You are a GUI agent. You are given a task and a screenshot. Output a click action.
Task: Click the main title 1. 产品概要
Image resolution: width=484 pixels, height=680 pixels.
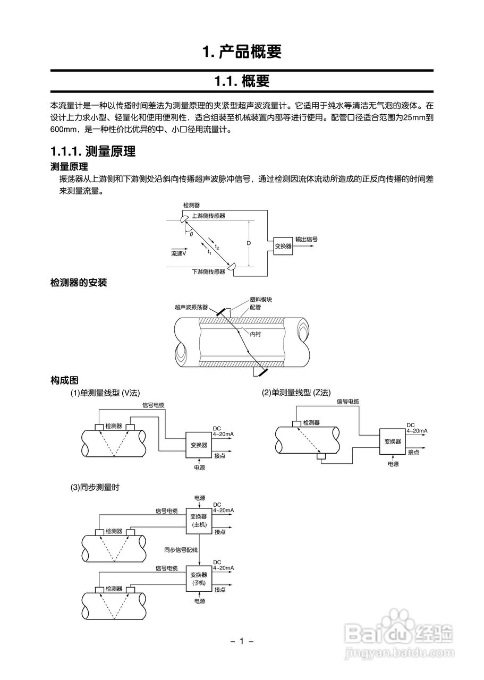coord(242,52)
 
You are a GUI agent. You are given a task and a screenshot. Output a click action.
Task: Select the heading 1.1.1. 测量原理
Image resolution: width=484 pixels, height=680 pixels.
coord(92,152)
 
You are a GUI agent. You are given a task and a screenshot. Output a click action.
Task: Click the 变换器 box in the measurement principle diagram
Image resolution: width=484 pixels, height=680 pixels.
coord(283,246)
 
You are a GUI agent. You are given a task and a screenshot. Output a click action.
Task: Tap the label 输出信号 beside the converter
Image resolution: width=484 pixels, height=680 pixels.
coord(307,239)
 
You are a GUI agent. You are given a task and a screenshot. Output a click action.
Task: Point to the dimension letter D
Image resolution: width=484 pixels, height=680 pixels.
coord(248,243)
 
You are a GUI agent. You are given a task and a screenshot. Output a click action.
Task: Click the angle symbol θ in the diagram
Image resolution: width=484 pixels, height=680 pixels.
coord(191,234)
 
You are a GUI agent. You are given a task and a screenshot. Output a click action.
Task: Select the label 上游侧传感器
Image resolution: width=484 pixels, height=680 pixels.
coord(208,216)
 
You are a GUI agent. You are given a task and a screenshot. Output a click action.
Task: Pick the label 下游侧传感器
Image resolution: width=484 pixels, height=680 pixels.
coord(208,271)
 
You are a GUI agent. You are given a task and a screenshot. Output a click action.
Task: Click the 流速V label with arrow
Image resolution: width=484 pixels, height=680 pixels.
coord(179,254)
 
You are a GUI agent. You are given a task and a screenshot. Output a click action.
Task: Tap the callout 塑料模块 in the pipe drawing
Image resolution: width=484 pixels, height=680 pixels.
coord(261,300)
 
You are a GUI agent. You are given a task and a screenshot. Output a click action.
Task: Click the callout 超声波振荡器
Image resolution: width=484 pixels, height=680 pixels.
coord(191,307)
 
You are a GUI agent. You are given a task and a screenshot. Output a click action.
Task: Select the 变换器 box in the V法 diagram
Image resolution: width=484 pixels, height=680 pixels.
coord(199,445)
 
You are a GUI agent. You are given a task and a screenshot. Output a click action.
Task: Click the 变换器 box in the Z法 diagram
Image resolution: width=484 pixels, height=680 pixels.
coord(392,441)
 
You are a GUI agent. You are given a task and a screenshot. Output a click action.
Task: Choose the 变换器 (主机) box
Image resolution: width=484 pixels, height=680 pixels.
coord(199,520)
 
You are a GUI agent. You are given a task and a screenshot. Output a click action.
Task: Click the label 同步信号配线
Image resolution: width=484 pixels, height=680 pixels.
coord(181,550)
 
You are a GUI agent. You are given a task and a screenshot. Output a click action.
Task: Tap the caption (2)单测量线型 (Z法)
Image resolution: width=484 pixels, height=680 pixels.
coord(296,393)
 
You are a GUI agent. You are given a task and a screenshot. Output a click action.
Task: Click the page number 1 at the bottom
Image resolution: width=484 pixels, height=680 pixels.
coord(242,641)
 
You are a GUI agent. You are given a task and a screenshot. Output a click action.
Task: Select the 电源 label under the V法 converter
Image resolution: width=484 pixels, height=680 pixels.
coord(199,467)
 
